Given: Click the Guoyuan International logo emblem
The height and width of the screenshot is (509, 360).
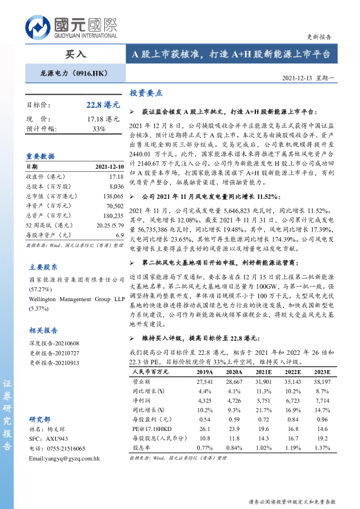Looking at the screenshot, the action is (x=38, y=28).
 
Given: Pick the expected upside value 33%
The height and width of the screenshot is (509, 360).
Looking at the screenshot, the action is (x=99, y=129).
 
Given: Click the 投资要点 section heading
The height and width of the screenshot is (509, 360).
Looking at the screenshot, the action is (x=146, y=94).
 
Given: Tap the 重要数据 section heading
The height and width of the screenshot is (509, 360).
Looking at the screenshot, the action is (x=41, y=155).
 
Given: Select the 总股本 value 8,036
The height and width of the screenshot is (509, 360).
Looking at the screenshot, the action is (x=116, y=187).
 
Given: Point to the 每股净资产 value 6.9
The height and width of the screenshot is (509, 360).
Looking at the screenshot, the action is (x=119, y=235).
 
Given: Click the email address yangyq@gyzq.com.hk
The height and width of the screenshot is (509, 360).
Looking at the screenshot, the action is (x=64, y=459).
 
